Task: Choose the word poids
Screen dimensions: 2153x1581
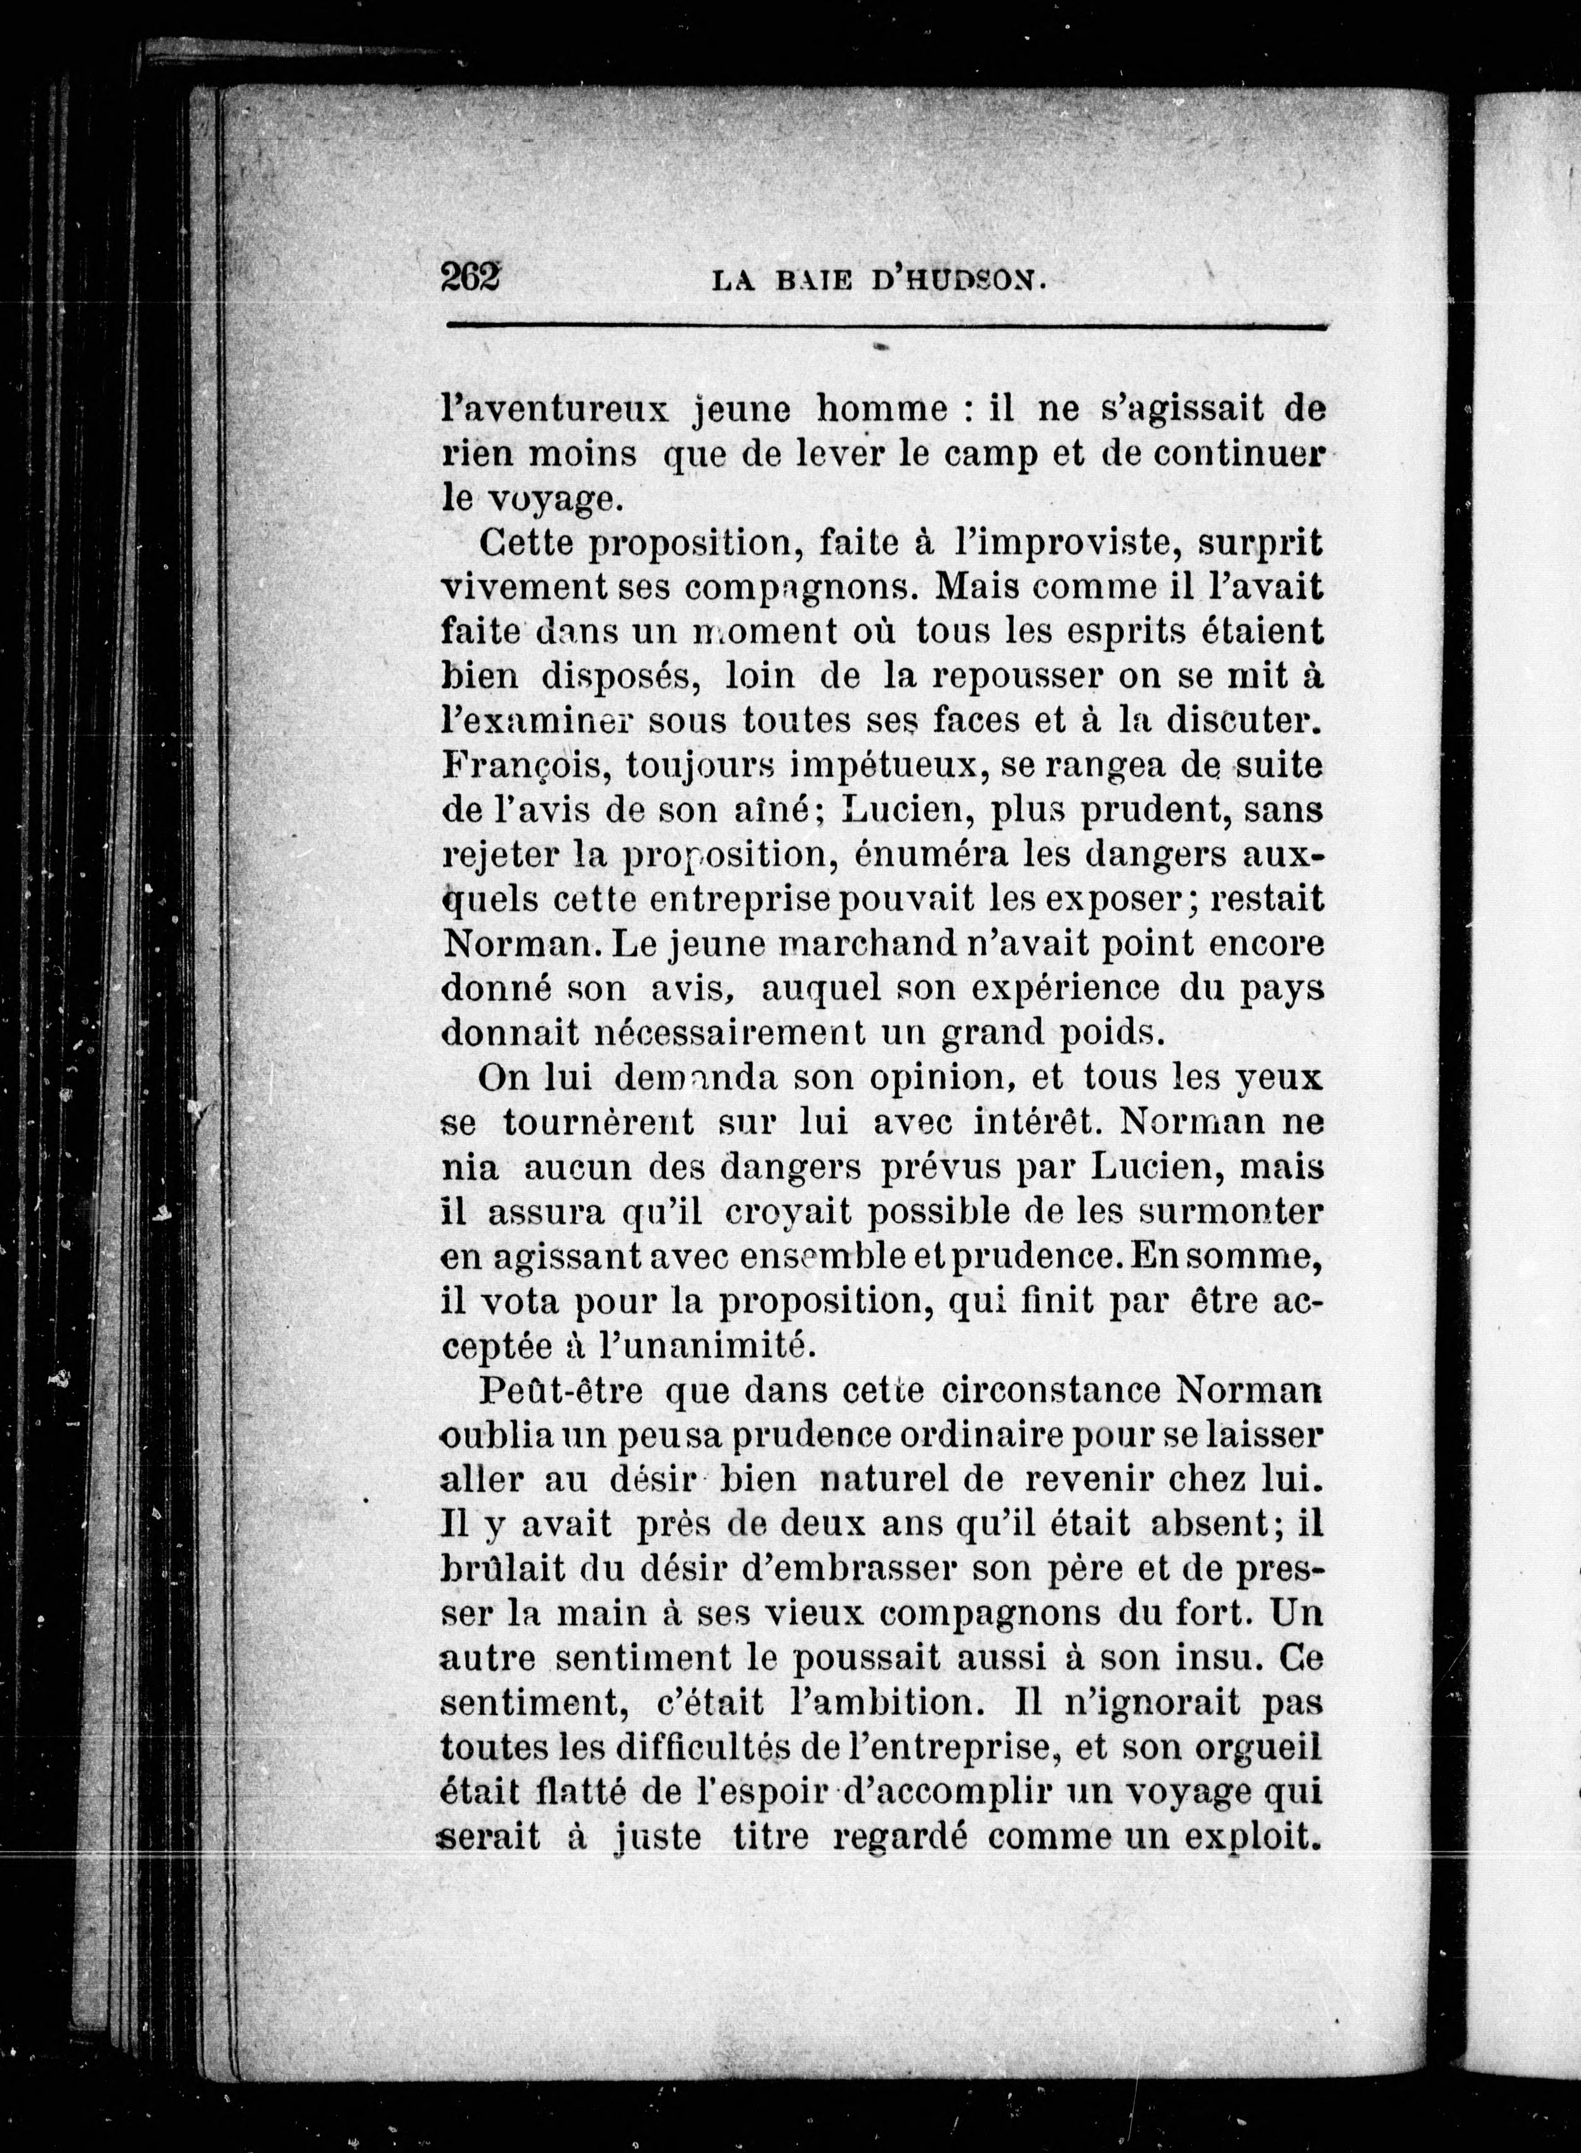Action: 1099,1033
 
